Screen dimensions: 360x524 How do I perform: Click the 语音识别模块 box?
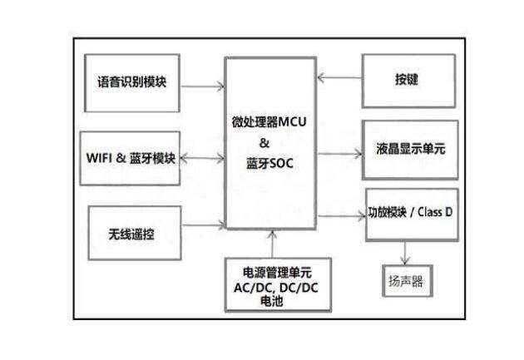[x=132, y=83]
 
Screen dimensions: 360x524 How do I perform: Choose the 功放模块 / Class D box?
[x=411, y=214]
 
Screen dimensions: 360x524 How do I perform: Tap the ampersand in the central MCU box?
[x=268, y=142]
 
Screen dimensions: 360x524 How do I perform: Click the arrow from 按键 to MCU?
[x=339, y=78]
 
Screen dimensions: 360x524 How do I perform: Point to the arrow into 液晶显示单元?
[x=339, y=153]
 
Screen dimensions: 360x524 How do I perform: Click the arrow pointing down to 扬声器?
[x=406, y=251]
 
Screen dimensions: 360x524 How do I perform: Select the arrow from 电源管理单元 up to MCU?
[x=272, y=243]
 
